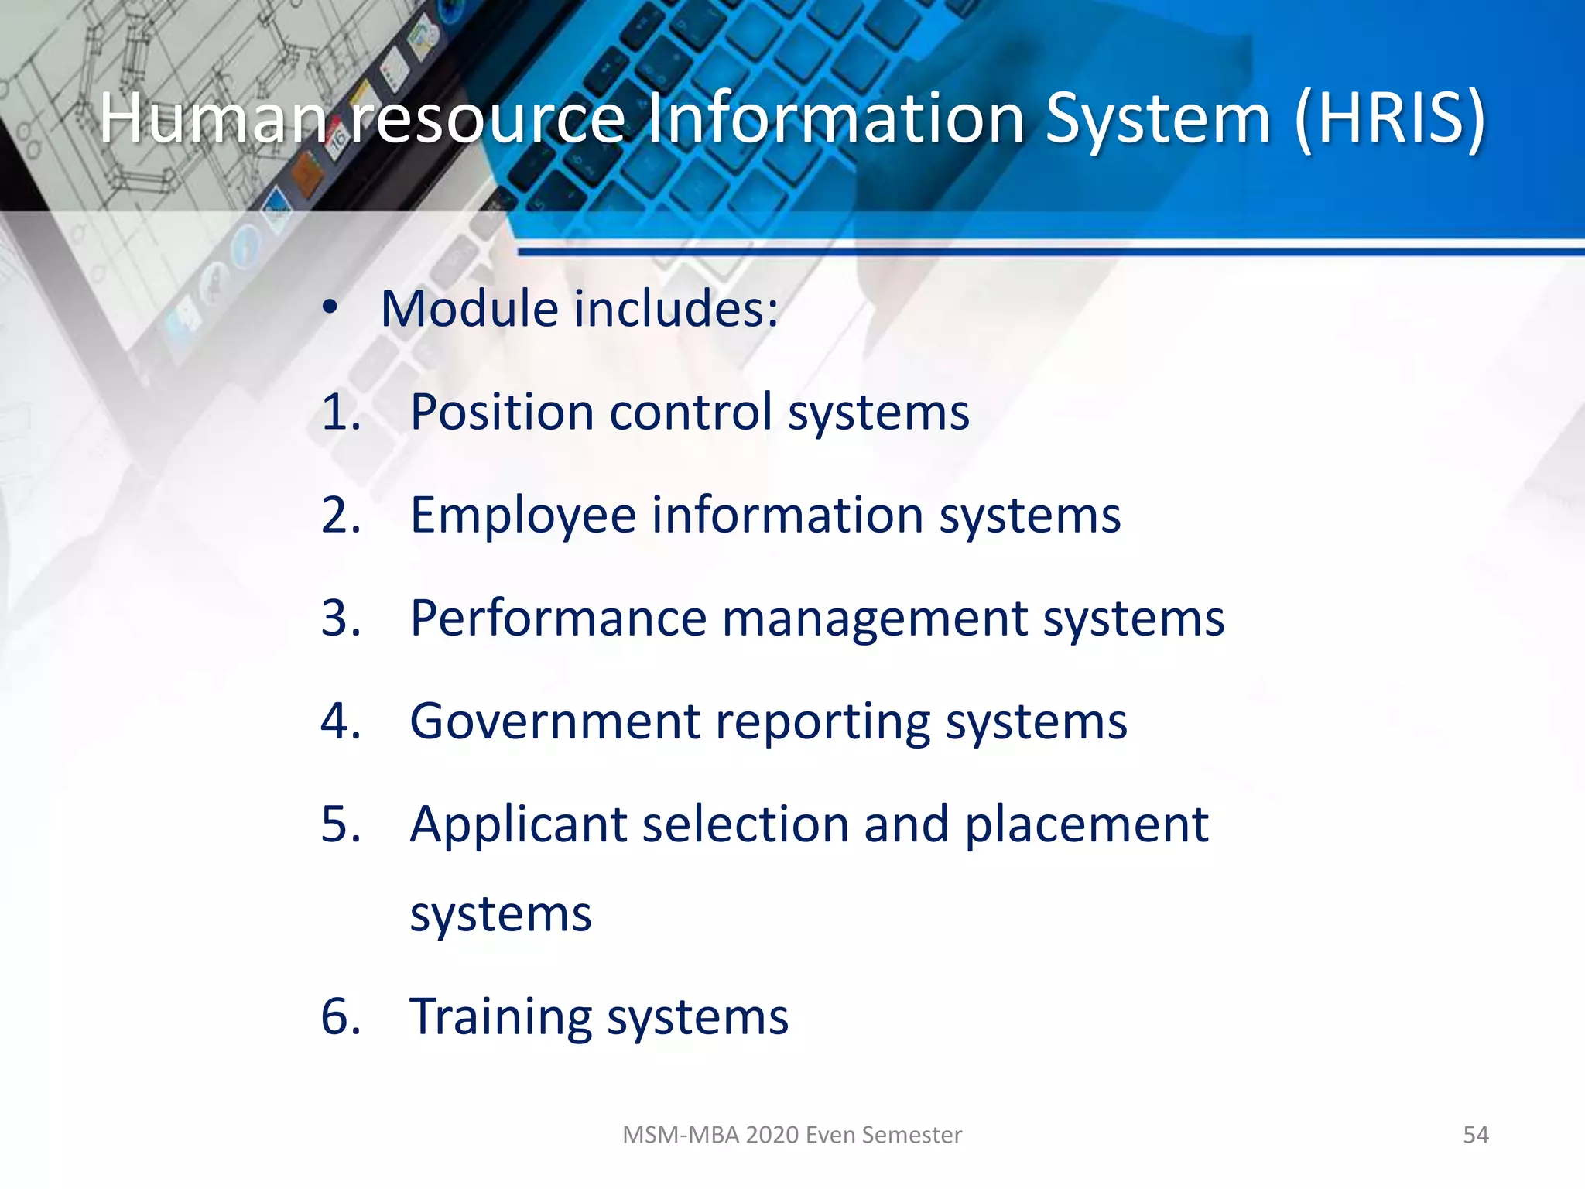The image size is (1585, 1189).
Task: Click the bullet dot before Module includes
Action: click(330, 308)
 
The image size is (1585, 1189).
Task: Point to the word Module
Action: click(480, 309)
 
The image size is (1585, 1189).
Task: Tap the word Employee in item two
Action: click(523, 516)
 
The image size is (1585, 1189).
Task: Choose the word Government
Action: click(554, 721)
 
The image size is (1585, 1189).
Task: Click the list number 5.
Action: click(341, 824)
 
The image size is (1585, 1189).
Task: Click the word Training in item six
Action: click(500, 1016)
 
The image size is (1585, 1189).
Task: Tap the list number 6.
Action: click(341, 1016)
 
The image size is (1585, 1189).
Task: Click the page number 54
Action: click(1475, 1135)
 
